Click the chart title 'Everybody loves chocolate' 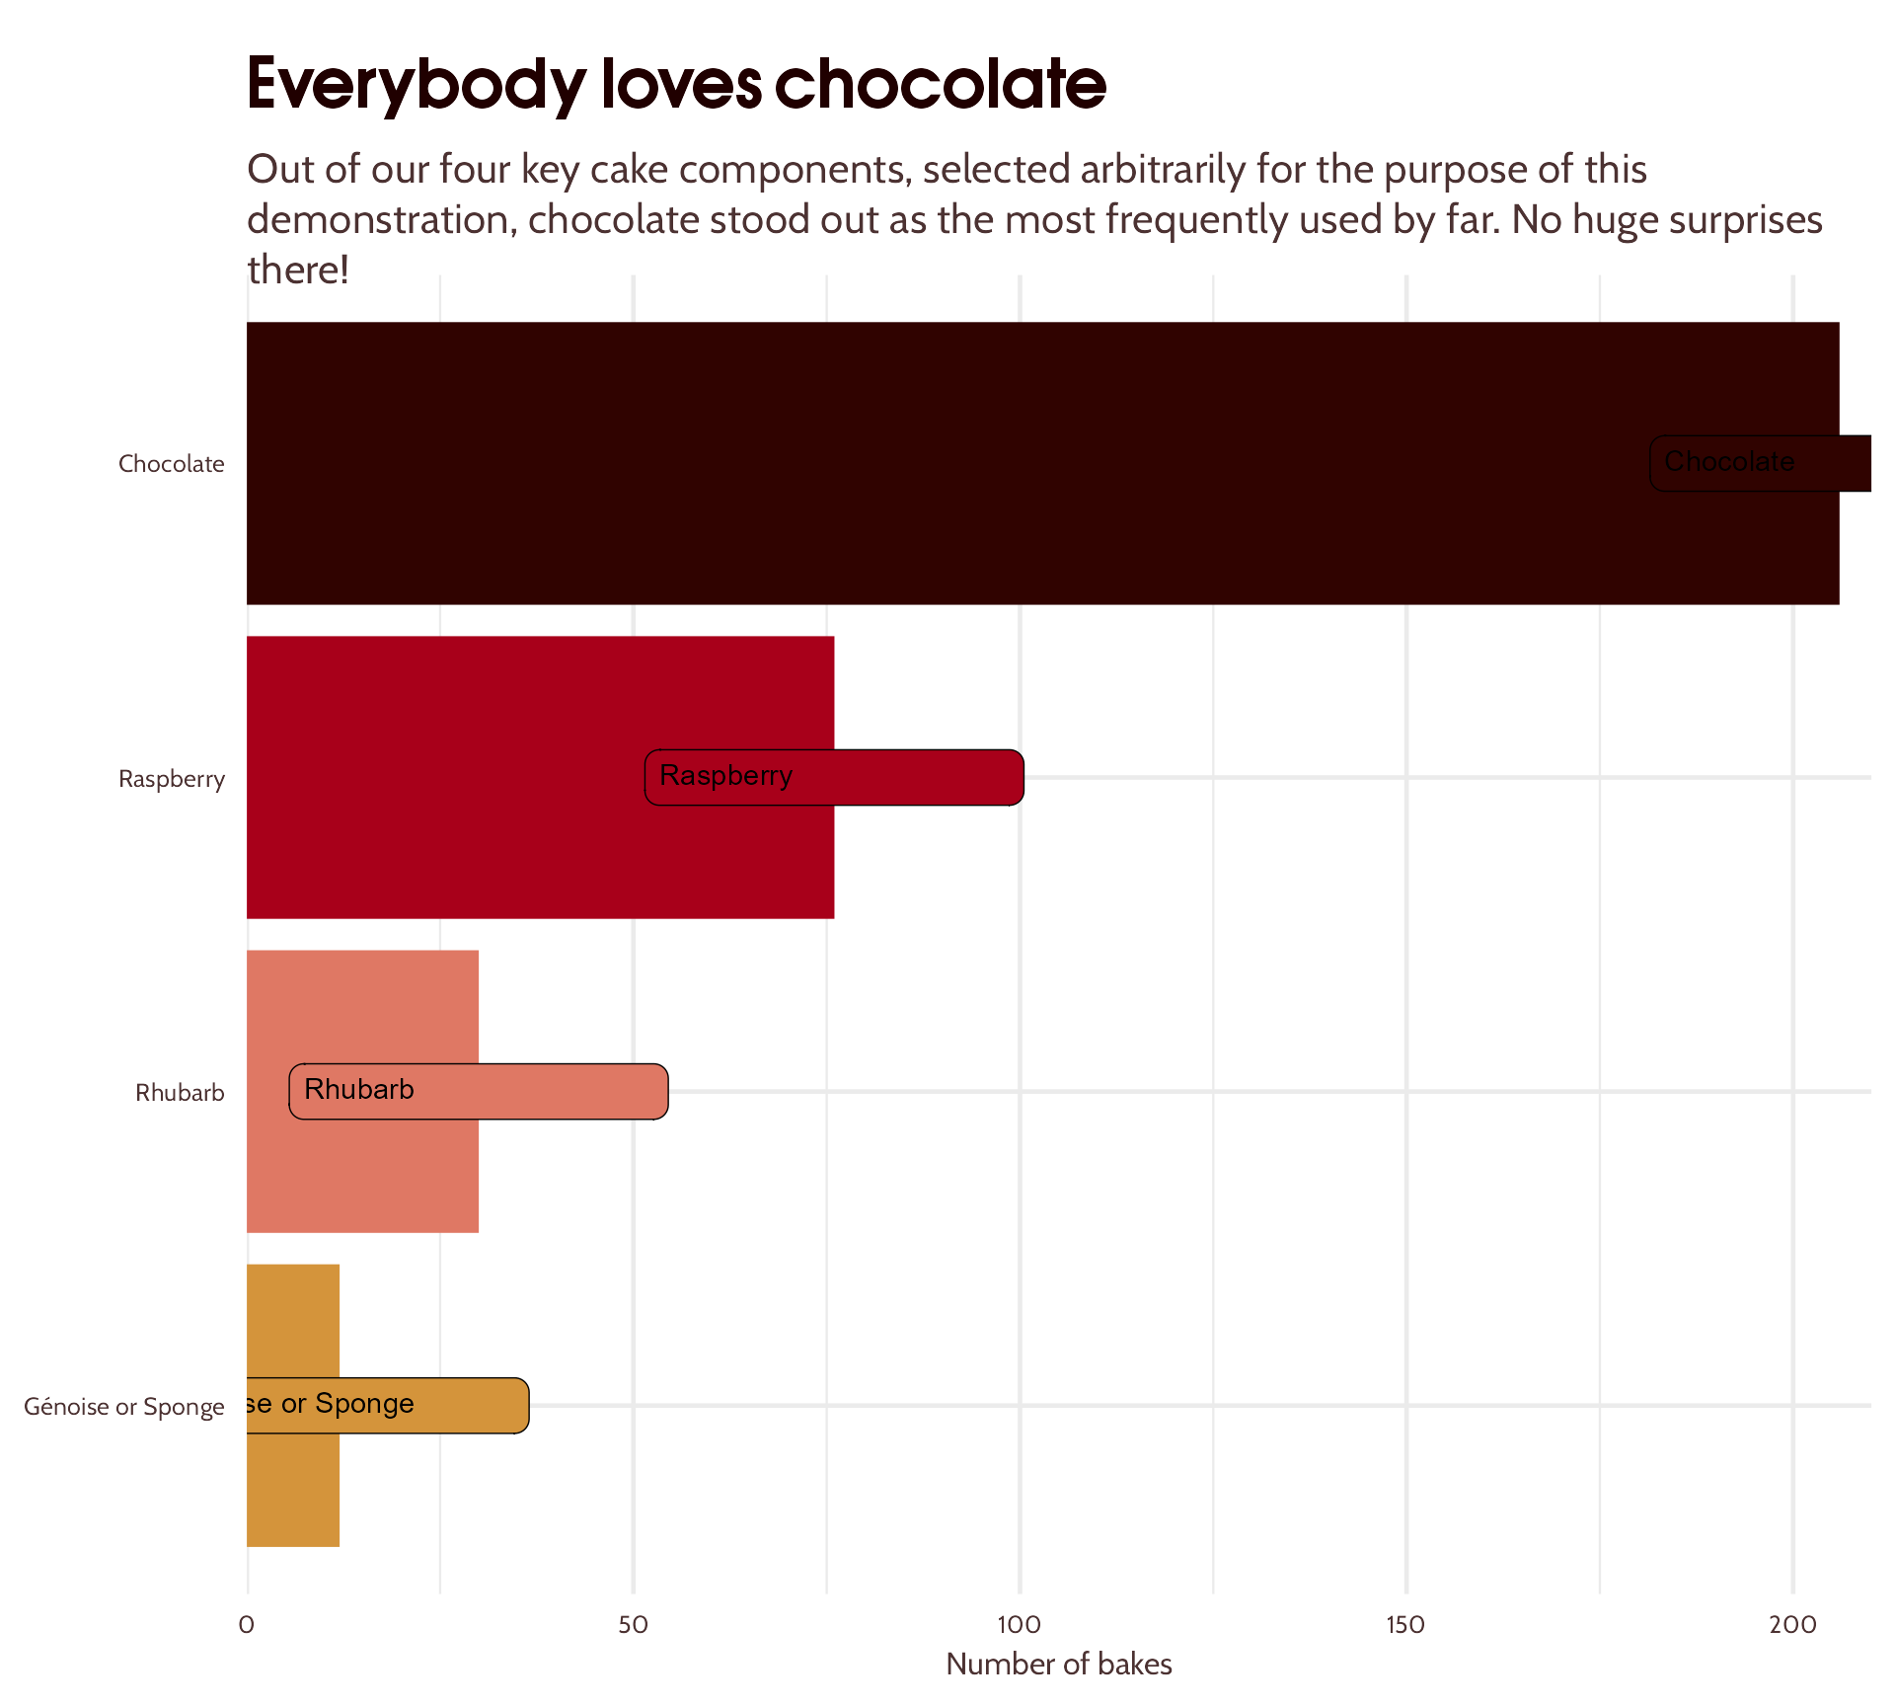click(x=676, y=84)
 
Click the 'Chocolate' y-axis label click(x=172, y=464)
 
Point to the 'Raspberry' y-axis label click(x=172, y=779)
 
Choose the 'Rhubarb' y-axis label click(x=180, y=1093)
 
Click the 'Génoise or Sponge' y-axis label click(x=124, y=1407)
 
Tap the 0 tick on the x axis click(x=247, y=1624)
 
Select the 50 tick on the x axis click(x=633, y=1624)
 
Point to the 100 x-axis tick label click(x=1019, y=1624)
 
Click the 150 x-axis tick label click(x=1405, y=1624)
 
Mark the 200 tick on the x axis click(x=1792, y=1624)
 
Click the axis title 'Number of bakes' click(x=1058, y=1665)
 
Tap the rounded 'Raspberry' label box click(x=834, y=777)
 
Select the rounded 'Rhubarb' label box click(x=479, y=1091)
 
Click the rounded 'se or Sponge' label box click(x=387, y=1405)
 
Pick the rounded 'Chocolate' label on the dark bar click(x=1760, y=463)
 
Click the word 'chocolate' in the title click(x=940, y=84)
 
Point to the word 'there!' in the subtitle click(x=298, y=270)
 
